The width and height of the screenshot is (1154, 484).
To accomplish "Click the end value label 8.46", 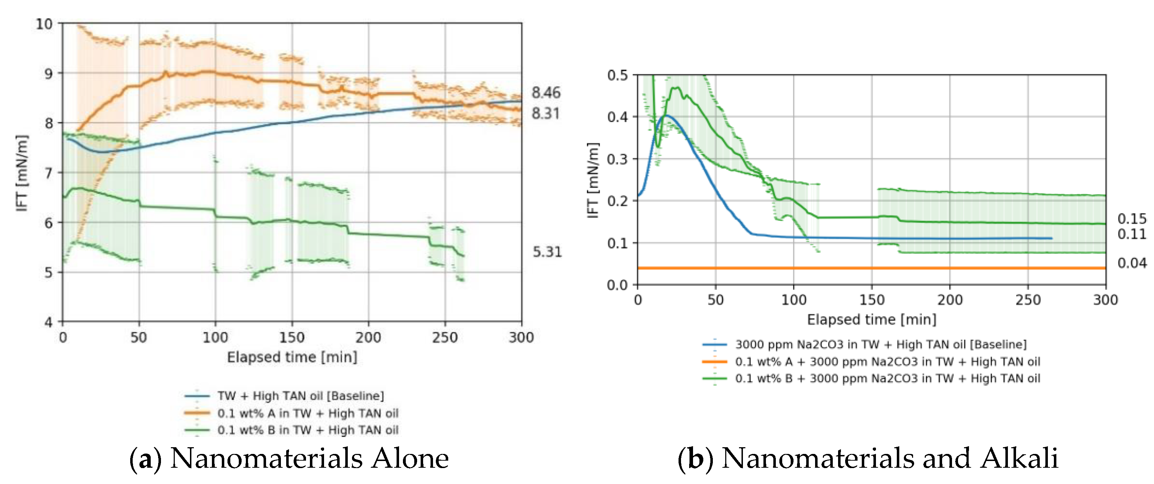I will (546, 93).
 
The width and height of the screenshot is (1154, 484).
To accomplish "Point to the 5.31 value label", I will (547, 252).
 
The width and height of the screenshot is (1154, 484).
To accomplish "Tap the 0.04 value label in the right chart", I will (1132, 263).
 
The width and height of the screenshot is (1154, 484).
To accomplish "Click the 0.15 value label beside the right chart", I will (1132, 219).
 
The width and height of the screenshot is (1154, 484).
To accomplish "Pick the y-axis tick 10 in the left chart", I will (44, 24).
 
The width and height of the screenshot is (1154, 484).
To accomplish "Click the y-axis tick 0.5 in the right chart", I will (617, 75).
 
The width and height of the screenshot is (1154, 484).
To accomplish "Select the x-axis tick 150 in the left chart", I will (292, 338).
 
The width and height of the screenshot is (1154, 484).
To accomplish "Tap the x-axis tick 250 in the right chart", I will (1028, 300).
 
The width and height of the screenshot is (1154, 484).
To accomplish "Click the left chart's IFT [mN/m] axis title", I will (22, 173).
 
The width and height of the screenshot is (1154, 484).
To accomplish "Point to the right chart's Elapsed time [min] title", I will (871, 319).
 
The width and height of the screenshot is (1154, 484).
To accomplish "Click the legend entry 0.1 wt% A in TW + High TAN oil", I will (308, 413).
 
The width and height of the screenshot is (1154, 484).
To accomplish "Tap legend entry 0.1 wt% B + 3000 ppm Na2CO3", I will (887, 379).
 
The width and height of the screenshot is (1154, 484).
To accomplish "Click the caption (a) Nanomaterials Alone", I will (289, 459).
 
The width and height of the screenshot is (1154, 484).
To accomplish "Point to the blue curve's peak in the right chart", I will (666, 116).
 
